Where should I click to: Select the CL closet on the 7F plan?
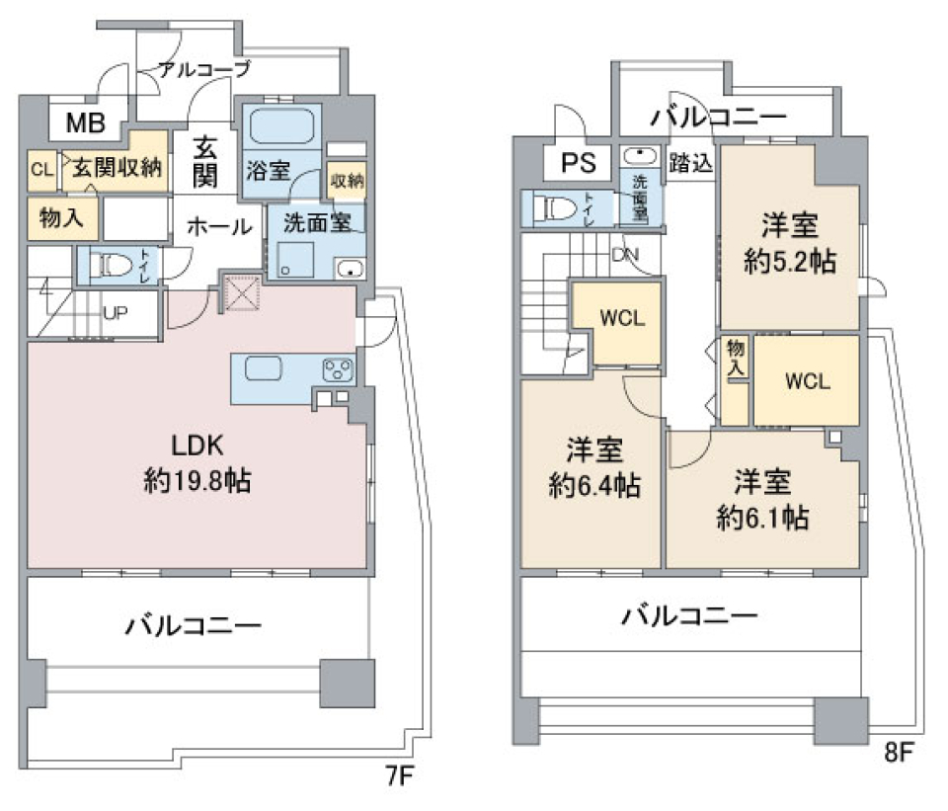point(40,169)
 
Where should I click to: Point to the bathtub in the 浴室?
point(280,128)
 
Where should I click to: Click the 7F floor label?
point(397,776)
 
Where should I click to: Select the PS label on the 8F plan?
point(573,163)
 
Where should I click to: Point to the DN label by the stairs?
point(625,255)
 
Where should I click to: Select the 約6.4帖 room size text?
point(593,485)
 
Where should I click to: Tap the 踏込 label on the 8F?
point(690,163)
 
